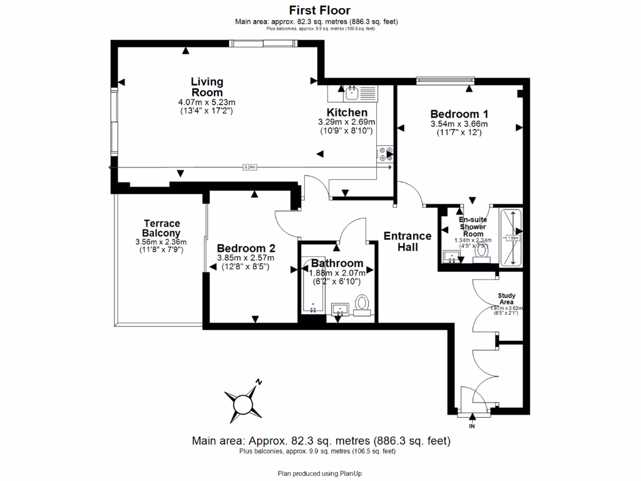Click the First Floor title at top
point(319,10)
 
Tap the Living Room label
point(207,87)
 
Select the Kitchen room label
point(346,113)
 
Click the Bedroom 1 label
point(459,114)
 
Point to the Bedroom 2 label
point(245,247)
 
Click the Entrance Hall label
point(408,241)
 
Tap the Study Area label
point(506,298)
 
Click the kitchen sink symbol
point(351,94)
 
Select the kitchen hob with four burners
point(384,155)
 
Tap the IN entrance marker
point(471,427)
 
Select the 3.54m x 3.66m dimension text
point(459,124)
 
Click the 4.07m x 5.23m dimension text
point(207,102)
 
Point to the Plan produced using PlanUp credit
point(320,473)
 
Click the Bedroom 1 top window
point(445,80)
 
